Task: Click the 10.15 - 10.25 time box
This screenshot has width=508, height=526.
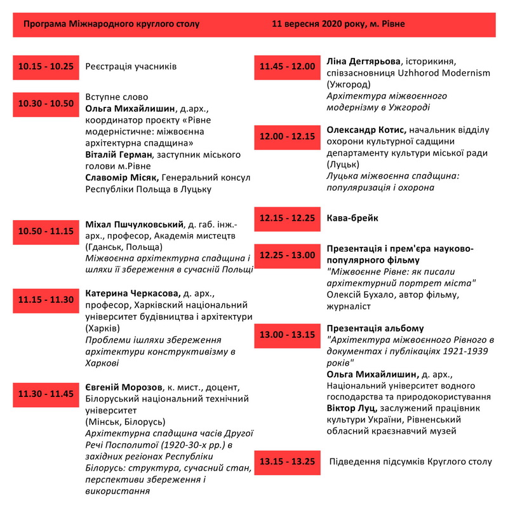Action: tap(46, 67)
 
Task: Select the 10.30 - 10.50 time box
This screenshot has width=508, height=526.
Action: tap(46, 104)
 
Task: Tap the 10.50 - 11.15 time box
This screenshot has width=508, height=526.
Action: tap(46, 231)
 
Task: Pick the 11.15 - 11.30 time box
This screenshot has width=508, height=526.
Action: tap(46, 300)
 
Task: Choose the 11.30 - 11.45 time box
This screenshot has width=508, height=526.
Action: tap(46, 394)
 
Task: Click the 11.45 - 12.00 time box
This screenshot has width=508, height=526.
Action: tap(287, 66)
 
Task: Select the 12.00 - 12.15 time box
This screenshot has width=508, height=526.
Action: tap(287, 136)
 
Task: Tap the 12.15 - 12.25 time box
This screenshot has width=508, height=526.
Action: tap(287, 218)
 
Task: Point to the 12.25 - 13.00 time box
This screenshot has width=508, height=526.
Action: tap(287, 255)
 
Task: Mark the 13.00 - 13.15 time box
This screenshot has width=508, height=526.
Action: tap(287, 335)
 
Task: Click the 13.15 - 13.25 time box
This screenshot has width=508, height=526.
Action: tap(287, 462)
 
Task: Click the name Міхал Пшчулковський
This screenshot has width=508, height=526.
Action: tap(134, 225)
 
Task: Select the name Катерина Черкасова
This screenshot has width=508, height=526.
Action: tap(133, 294)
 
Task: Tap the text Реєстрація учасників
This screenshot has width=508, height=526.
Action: tap(131, 66)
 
